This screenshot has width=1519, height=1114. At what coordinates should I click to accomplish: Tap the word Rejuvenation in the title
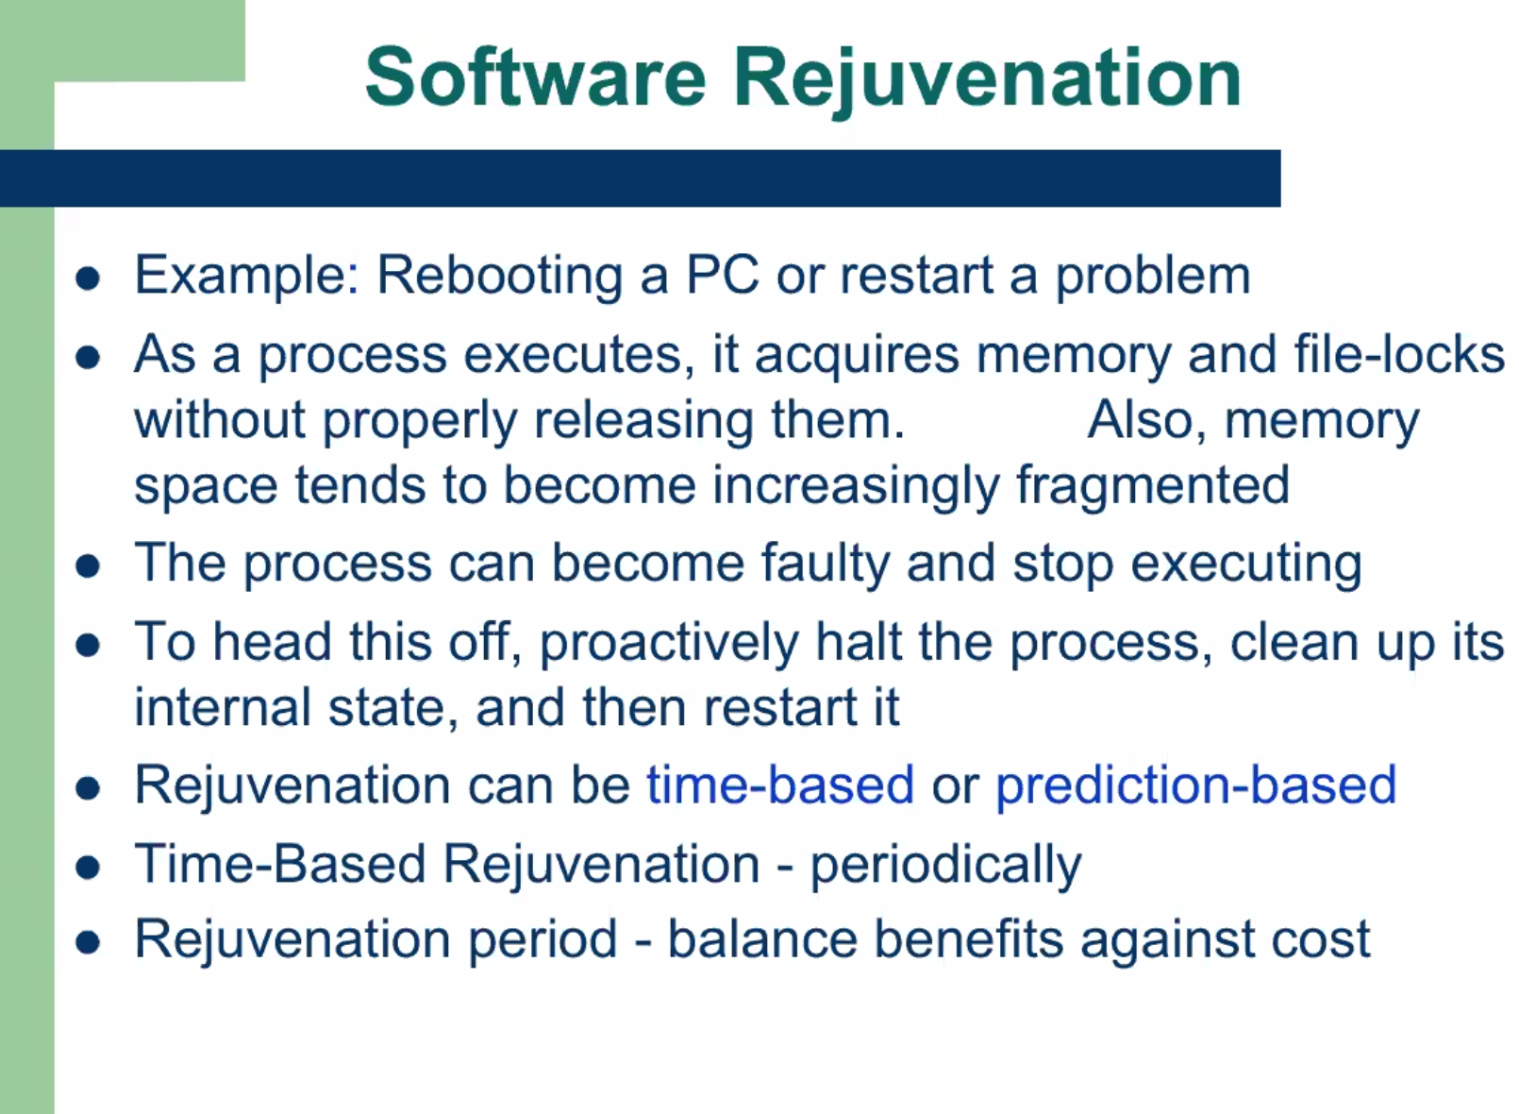(987, 81)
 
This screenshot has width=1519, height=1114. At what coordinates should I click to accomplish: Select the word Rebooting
(500, 277)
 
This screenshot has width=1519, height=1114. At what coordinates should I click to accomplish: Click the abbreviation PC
(722, 274)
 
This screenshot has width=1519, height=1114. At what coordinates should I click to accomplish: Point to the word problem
(1153, 277)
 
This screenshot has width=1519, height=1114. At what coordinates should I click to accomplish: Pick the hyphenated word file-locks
(1399, 353)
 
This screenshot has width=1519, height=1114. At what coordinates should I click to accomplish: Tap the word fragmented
(1153, 486)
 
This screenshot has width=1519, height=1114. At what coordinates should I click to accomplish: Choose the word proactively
(669, 643)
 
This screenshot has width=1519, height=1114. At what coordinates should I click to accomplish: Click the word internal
(223, 707)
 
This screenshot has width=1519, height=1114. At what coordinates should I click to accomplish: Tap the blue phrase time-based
(780, 785)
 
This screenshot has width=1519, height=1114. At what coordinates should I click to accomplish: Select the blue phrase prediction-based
(1196, 785)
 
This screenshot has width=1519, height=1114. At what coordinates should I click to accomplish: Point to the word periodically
(946, 866)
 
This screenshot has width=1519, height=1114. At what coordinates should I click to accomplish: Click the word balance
(763, 939)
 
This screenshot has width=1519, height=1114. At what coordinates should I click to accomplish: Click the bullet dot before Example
(88, 278)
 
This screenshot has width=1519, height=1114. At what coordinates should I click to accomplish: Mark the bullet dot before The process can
(88, 566)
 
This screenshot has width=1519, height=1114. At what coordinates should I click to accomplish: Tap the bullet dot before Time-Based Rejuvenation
(88, 868)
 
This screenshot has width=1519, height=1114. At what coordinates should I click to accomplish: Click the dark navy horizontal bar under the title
(640, 178)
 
